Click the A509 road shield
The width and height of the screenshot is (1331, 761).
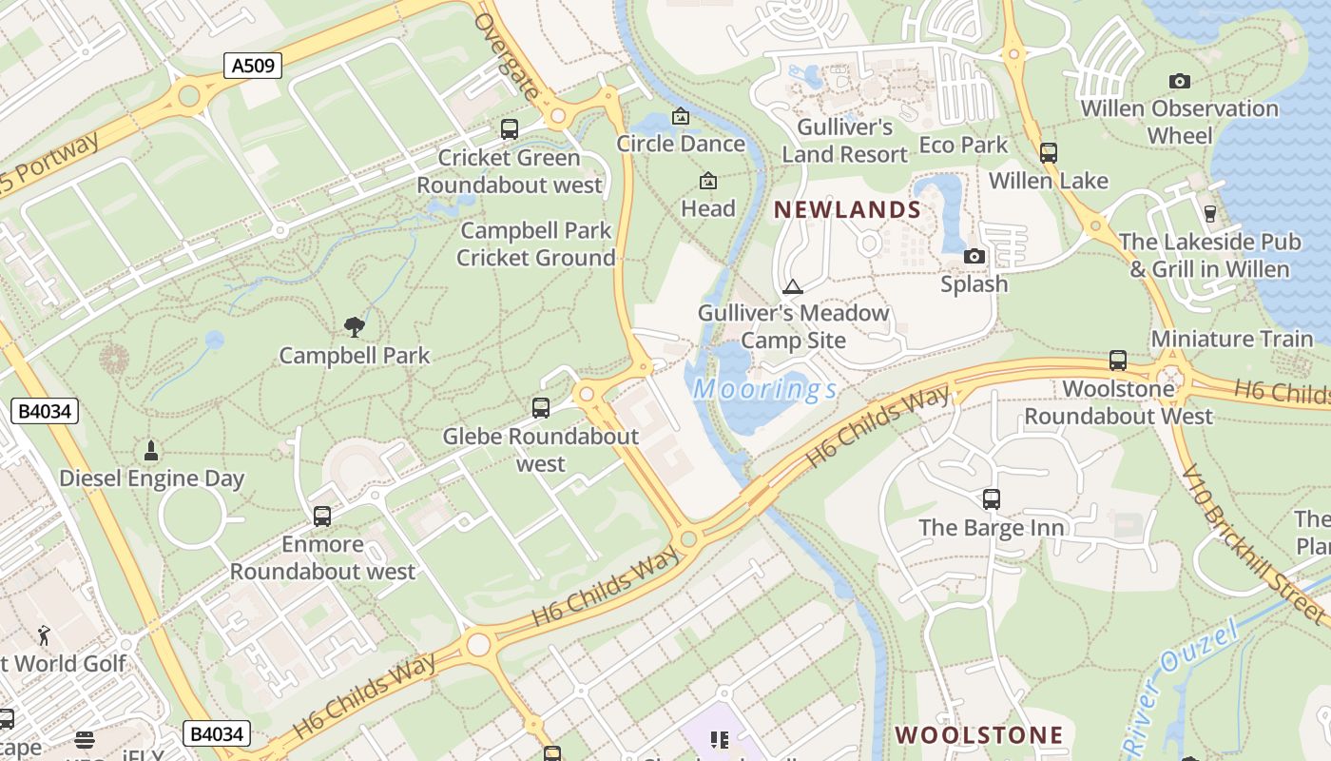pos(254,66)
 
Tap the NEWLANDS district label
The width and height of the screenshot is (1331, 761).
pos(847,210)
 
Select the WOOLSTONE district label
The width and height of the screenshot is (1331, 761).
pos(979,734)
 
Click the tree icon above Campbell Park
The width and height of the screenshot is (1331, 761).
pos(355,327)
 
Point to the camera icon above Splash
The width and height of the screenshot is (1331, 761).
pos(974,256)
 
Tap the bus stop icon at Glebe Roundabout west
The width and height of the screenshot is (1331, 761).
pos(541,408)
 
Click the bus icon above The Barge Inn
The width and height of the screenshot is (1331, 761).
pos(992,498)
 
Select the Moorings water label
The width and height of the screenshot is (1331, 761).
pos(765,389)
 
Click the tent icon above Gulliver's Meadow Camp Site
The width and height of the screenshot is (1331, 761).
pos(792,285)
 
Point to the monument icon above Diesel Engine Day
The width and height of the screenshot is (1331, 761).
pos(150,449)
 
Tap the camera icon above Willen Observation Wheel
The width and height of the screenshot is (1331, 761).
pos(1180,81)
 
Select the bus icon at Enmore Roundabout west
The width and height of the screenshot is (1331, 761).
pos(322,516)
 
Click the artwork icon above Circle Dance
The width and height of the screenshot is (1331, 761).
pos(681,116)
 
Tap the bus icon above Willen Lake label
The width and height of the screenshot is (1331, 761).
pos(1049,152)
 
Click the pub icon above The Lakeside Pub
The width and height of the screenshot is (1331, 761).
pos(1210,213)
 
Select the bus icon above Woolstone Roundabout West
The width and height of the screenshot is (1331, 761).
pos(1118,361)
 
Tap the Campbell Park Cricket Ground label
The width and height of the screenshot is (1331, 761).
pos(536,244)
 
